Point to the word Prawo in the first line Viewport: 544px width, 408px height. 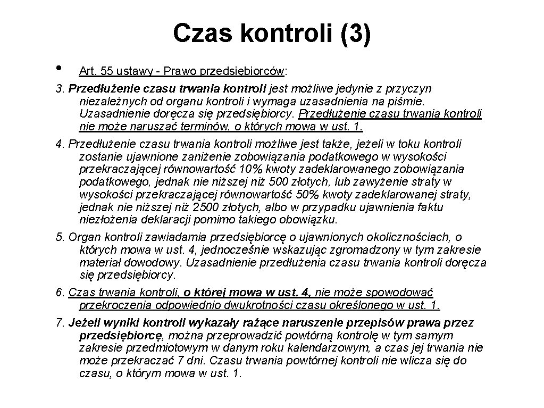[182, 71]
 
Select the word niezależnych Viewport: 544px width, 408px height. [110, 101]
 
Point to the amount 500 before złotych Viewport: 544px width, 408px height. [277, 182]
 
